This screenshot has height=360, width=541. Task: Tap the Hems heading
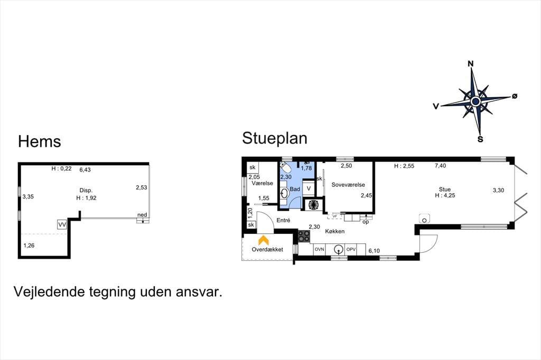tap(39, 141)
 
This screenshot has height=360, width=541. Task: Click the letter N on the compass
tap(470, 64)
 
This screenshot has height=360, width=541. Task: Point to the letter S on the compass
tap(480, 140)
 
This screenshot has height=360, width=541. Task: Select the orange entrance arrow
tap(264, 240)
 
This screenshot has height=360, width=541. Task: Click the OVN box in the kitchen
tap(320, 249)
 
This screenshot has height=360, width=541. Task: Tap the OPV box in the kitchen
tap(351, 249)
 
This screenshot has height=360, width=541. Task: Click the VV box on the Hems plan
tap(62, 225)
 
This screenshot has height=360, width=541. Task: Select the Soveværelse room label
tap(348, 185)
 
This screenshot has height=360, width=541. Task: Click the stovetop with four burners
tap(304, 236)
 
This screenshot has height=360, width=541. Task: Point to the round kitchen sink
tap(339, 249)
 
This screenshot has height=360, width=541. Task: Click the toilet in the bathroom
tap(285, 168)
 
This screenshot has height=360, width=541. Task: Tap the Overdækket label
tap(267, 250)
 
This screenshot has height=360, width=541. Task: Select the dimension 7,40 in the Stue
tap(440, 166)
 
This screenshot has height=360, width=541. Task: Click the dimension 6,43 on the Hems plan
tap(85, 169)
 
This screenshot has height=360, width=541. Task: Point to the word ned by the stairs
tap(142, 215)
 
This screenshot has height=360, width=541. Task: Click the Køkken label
tap(334, 231)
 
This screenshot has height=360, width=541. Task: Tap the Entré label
tap(283, 220)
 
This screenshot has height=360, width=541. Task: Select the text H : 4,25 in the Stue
tap(445, 195)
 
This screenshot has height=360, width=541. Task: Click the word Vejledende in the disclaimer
tap(49, 292)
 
